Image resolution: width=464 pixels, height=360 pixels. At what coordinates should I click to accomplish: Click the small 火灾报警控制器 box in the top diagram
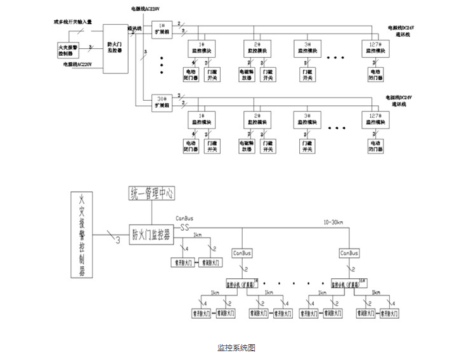pos(70,49)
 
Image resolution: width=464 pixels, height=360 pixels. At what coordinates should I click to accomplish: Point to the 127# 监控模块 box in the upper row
pos(375,47)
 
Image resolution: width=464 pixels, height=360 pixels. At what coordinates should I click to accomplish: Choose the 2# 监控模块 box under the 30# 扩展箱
pos(257,119)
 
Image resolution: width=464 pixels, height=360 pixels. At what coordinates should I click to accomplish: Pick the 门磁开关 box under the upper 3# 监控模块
pos(307,74)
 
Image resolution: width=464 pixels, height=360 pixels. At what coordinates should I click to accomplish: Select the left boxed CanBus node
pos(242,252)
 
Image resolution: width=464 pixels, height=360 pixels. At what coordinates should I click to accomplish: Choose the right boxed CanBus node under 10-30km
pos(349,252)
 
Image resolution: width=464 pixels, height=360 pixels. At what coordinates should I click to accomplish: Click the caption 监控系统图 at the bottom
pos(236,347)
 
